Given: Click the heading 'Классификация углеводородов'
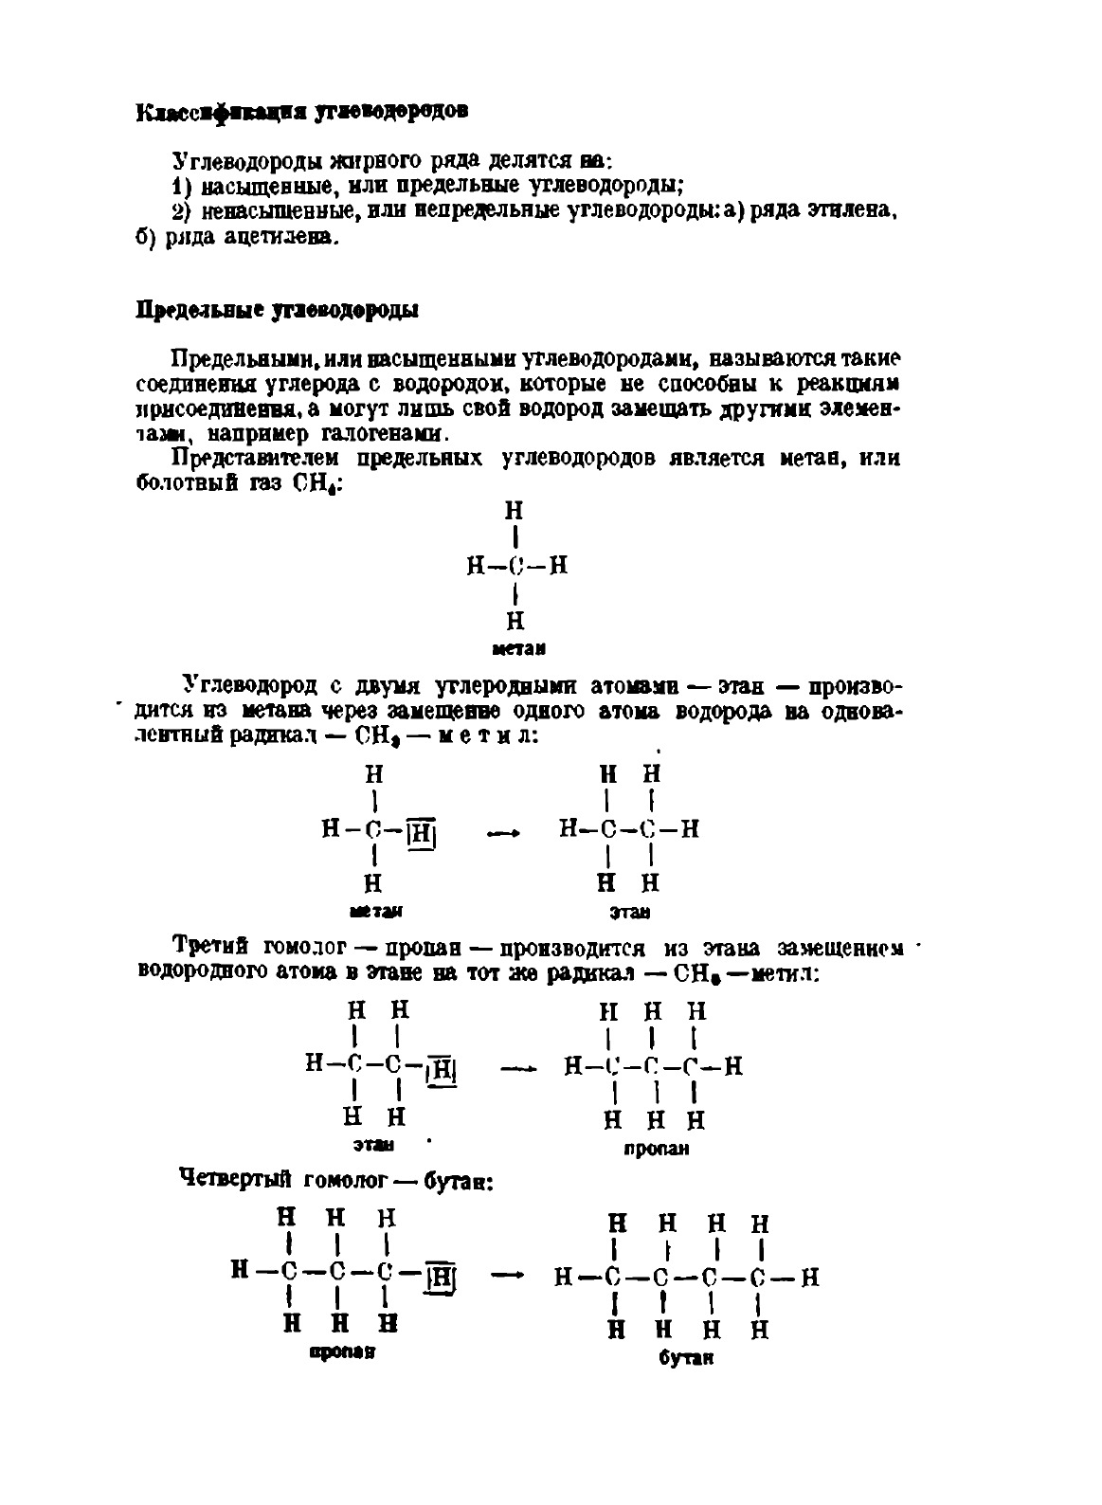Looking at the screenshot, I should tap(302, 112).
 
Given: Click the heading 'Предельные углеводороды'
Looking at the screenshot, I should tap(279, 310).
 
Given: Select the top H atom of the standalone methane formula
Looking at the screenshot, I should tap(514, 511).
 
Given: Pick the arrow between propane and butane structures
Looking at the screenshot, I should tap(508, 1275).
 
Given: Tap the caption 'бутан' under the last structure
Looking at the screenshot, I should tap(685, 1357).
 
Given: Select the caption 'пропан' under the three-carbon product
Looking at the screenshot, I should tap(656, 1149).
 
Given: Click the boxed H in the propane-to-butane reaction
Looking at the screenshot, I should tap(441, 1278).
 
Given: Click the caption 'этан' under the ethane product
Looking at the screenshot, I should tap(630, 913).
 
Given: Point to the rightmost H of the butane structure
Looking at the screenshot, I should tap(809, 1278).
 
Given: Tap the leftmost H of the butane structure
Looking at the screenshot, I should tap(565, 1278).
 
